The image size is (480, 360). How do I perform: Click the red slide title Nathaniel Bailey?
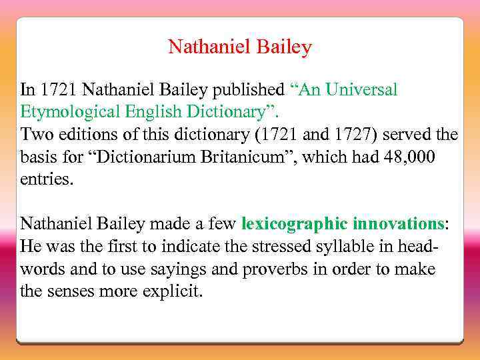[x=240, y=47]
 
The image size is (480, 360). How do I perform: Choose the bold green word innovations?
[x=398, y=223]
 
